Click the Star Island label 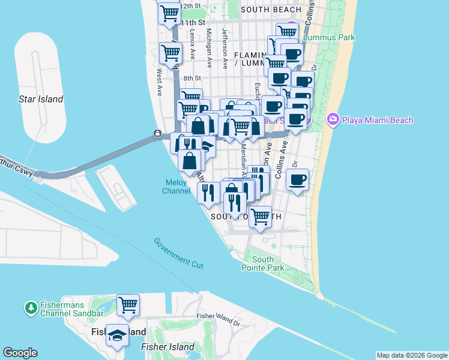pos(41,99)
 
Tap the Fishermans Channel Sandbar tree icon pos(31,308)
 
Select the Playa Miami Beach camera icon pos(333,120)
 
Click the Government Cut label pos(178,253)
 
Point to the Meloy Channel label pos(176,187)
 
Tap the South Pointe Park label pos(263,263)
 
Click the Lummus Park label pos(329,37)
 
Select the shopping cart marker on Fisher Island pos(128,305)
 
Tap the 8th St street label pos(192,78)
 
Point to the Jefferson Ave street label pos(225,47)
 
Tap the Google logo pos(20,353)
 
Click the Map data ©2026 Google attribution pos(412,355)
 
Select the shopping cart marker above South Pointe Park pos(261,216)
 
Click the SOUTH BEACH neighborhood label pos(271,10)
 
